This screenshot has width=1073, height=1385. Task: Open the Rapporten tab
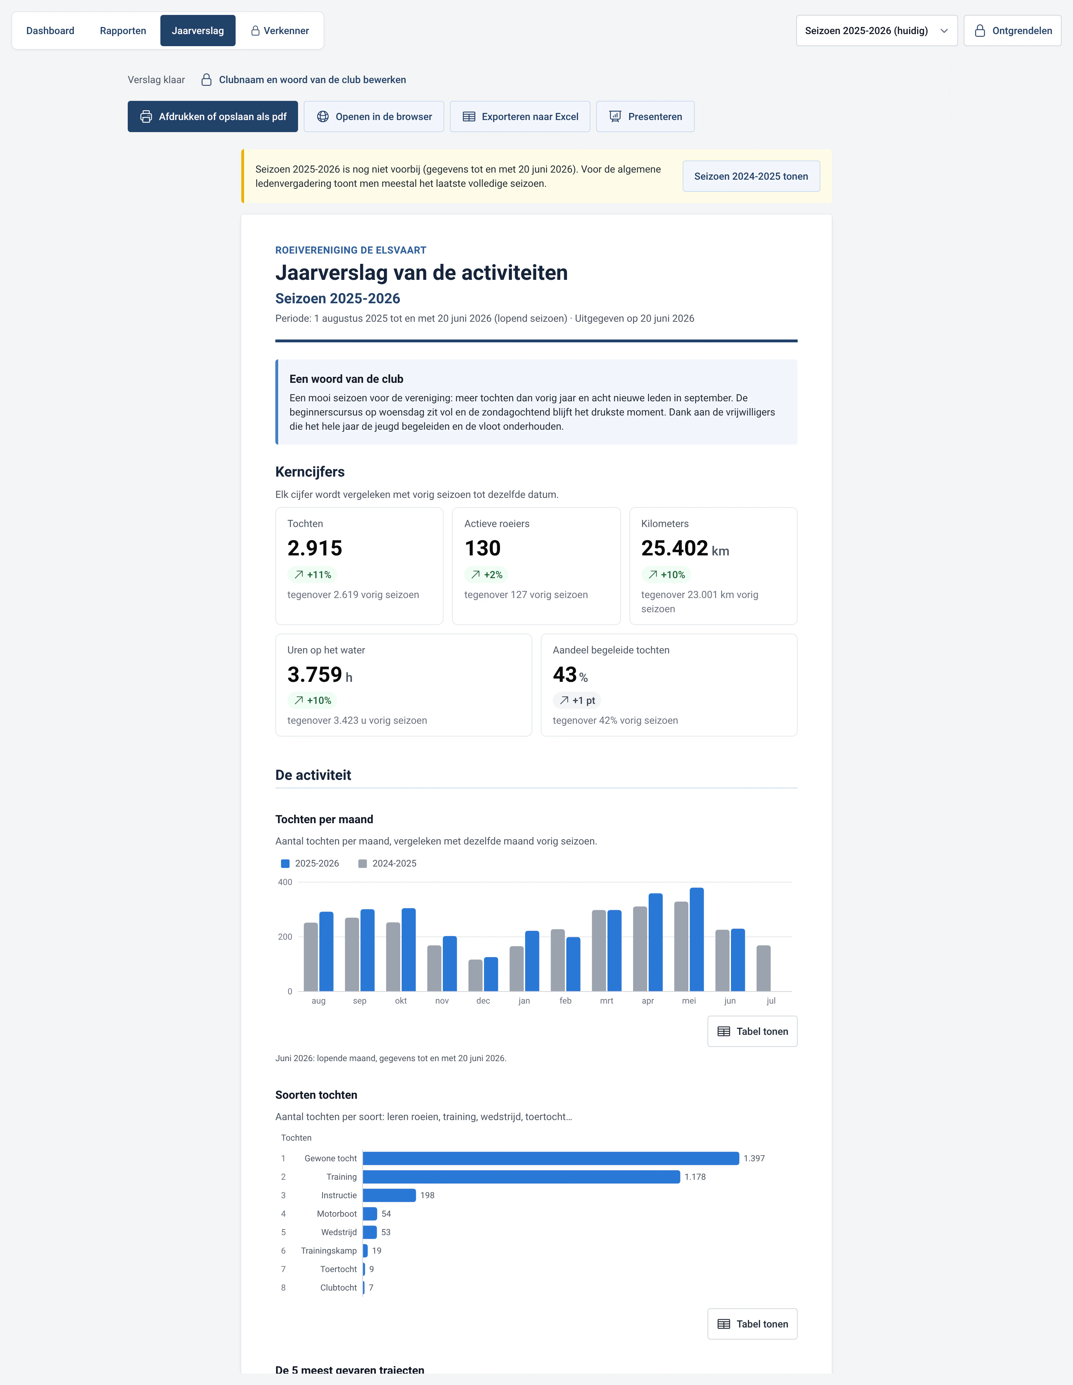(x=123, y=31)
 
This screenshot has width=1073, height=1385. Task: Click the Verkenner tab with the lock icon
(x=280, y=31)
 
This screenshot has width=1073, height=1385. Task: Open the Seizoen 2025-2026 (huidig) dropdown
(x=876, y=31)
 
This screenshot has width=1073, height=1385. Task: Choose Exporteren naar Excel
(x=520, y=117)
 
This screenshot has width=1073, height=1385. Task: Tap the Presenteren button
(x=645, y=117)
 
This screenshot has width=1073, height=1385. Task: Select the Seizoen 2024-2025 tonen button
(x=751, y=176)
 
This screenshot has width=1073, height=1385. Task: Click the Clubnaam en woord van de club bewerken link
(x=313, y=80)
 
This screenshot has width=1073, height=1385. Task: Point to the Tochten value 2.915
(x=315, y=548)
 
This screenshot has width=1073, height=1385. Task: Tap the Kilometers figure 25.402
(x=674, y=548)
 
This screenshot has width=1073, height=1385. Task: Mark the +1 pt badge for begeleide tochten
(x=577, y=700)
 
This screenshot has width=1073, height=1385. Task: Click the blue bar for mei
(x=697, y=939)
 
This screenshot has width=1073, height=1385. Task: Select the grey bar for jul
(x=764, y=968)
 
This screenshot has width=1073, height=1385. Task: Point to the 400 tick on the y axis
(x=285, y=882)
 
